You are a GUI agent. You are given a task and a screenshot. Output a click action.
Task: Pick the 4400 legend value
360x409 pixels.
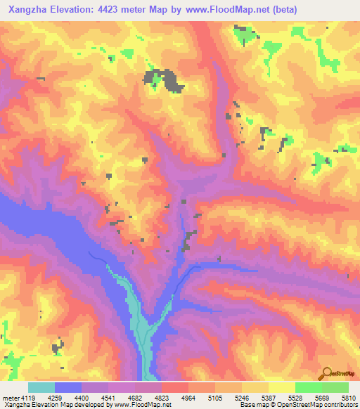[101, 398]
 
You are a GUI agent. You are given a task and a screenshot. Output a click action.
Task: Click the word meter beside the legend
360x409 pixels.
[10, 398]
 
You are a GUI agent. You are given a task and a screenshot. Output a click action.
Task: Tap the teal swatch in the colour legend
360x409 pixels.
[41, 387]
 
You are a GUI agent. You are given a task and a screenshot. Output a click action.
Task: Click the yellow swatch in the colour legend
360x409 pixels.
[281, 387]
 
